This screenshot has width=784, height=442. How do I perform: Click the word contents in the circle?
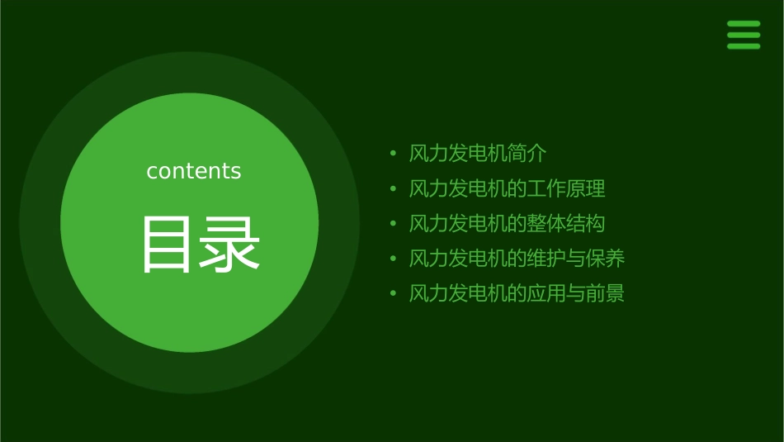194,171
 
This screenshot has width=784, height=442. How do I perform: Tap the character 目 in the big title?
165,245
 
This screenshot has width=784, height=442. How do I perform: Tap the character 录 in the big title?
230,245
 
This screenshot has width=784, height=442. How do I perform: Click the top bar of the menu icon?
743,24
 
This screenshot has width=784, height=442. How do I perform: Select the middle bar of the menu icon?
743,35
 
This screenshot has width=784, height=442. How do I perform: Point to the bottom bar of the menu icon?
743,46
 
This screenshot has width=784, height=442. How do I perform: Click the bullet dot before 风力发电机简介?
394,154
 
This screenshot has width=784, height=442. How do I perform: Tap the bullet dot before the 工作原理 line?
394,189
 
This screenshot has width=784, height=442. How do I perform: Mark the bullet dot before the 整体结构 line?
394,224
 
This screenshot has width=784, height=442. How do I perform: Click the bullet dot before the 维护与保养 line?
394,259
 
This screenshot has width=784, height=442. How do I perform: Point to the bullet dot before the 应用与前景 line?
394,293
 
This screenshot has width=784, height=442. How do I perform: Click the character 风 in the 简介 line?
419,154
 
